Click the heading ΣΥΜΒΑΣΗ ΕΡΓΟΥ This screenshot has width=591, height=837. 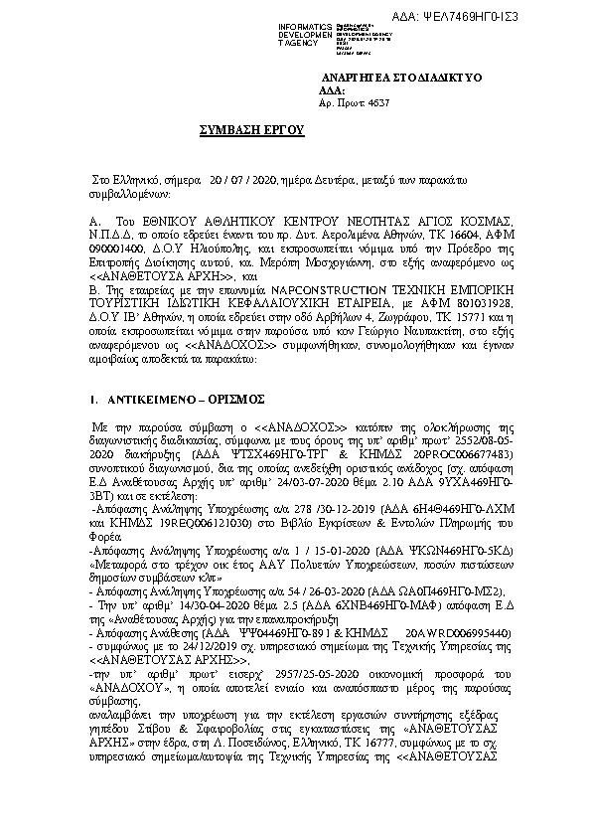click(260, 130)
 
